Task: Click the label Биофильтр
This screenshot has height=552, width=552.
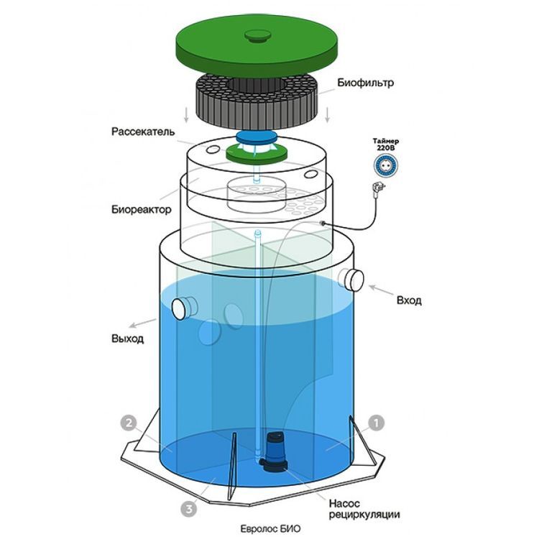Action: coord(365,83)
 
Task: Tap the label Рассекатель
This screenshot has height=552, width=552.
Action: coord(143,132)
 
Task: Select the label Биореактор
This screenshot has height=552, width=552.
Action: coord(142,209)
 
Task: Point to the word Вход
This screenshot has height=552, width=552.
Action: coord(409,300)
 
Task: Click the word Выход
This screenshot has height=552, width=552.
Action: coord(128,339)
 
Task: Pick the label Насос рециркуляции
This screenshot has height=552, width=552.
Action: coord(364,509)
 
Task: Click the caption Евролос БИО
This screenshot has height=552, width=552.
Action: coord(270,529)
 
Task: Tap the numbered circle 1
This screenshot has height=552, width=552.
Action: coord(376,423)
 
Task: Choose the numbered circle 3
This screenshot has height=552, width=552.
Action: coord(189,509)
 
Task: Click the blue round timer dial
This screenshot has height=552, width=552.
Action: coord(386,165)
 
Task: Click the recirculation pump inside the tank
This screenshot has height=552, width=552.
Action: coord(275,451)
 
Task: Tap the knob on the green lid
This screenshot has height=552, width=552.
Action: coord(258,35)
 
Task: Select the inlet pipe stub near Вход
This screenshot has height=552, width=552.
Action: coord(351,280)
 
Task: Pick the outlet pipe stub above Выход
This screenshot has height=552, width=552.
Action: coord(185,308)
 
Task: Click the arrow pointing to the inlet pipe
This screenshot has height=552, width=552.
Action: coord(381,290)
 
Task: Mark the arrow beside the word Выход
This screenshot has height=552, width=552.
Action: coord(142,323)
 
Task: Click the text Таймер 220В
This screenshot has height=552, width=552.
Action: coord(386,144)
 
